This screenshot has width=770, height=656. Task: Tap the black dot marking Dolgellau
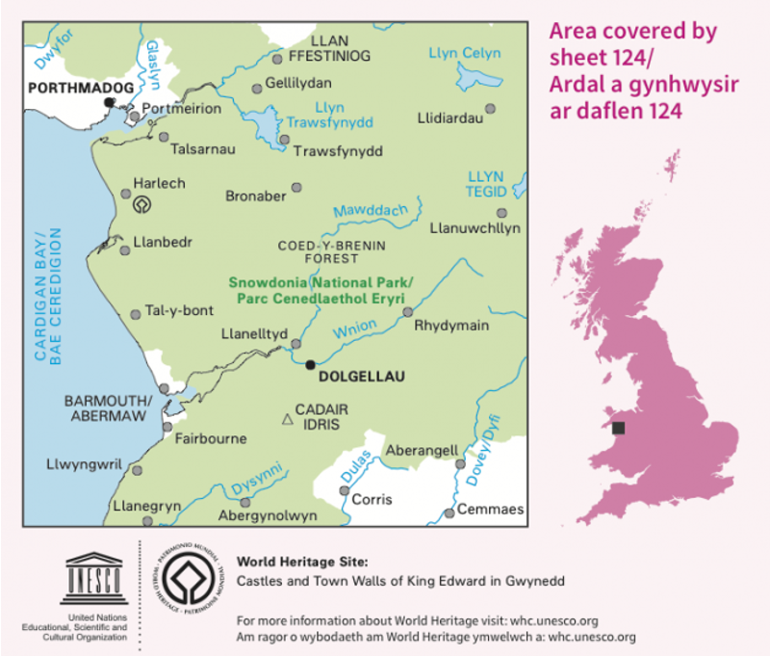pos(310,364)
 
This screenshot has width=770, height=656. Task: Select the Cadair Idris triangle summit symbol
pos(286,419)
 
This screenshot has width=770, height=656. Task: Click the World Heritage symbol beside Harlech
pos(142,203)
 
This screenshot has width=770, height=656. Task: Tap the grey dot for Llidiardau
pos(491,108)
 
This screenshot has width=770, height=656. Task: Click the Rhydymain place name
pos(451,326)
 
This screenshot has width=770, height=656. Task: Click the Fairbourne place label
pos(211,438)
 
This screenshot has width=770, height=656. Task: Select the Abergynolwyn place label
pos(269,516)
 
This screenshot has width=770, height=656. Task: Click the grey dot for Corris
pos(345,491)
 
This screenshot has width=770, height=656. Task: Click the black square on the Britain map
pos(618,427)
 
